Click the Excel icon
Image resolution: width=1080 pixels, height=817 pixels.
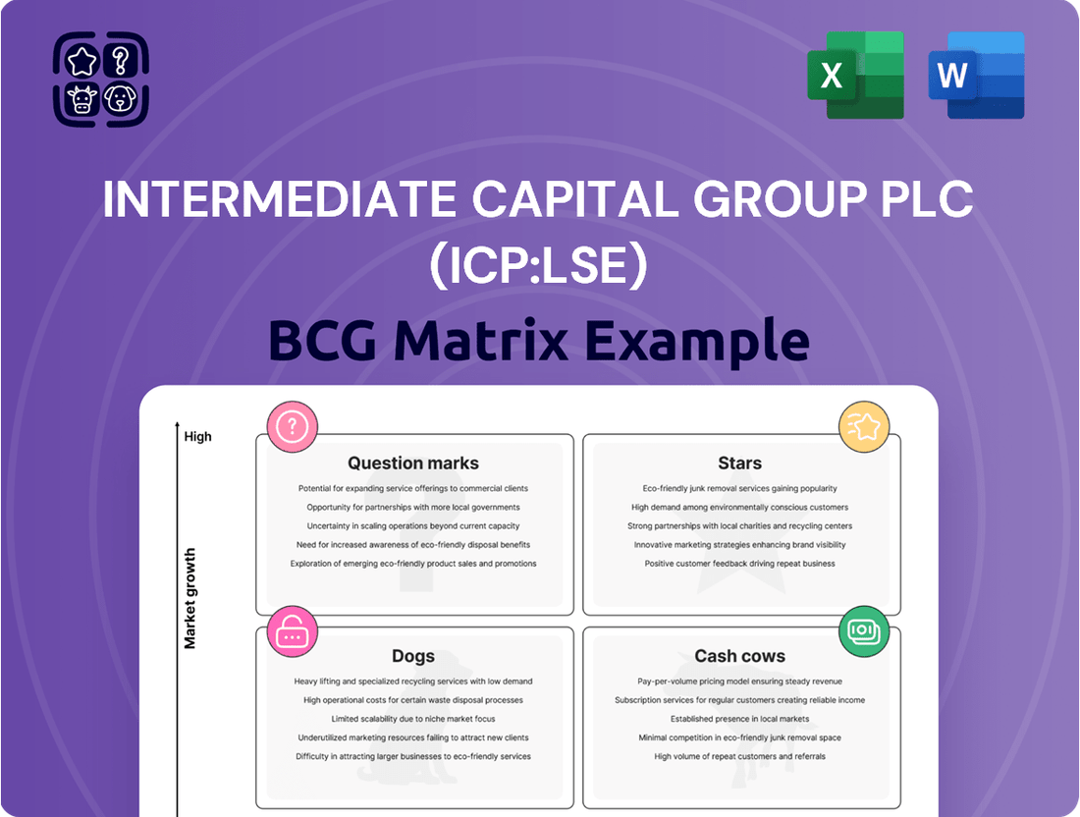[x=855, y=75]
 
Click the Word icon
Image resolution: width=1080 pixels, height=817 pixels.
[x=976, y=75]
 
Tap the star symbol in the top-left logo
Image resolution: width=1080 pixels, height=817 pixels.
[x=81, y=61]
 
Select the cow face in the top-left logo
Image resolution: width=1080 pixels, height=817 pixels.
[x=81, y=99]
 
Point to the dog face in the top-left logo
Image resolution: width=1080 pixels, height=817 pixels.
[x=120, y=99]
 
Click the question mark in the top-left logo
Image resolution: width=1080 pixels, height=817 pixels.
[x=121, y=61]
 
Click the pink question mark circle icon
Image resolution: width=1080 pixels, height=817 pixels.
[x=292, y=427]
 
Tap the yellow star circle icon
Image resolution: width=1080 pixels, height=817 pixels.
[x=864, y=427]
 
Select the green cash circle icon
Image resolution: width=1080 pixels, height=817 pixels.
[x=864, y=631]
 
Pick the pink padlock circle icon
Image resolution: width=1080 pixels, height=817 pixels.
[x=292, y=631]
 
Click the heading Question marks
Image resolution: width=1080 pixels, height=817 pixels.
[x=413, y=463]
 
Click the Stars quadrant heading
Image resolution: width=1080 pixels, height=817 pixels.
[x=739, y=463]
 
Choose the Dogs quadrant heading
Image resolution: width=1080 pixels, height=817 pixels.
[x=413, y=656]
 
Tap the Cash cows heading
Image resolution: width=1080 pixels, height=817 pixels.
[x=739, y=656]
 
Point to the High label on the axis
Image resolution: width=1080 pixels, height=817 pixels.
[x=197, y=437]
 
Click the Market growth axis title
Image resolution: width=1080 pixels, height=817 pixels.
[x=190, y=598]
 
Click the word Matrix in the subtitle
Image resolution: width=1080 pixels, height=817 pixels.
[x=481, y=341]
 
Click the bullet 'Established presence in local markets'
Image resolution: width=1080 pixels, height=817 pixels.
[x=739, y=719]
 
